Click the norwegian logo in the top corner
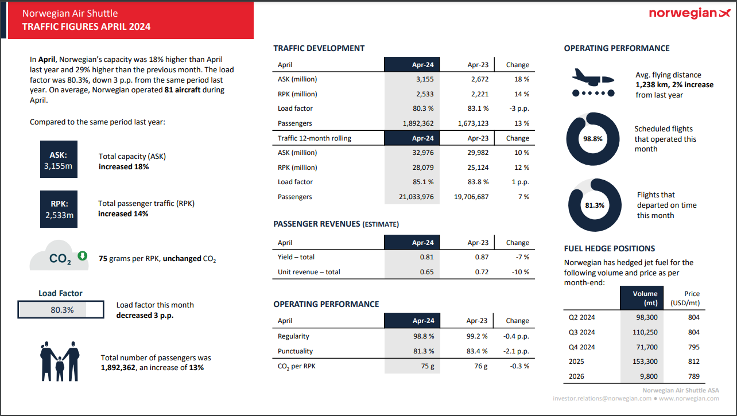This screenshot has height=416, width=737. pyautogui.click(x=689, y=14)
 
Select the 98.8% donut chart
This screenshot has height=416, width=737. pyautogui.click(x=593, y=139)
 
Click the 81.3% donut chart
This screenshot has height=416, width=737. pyautogui.click(x=595, y=205)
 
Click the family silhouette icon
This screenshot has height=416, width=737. pyautogui.click(x=59, y=361)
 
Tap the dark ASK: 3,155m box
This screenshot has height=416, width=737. pyautogui.click(x=59, y=161)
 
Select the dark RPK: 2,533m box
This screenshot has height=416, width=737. pyautogui.click(x=59, y=208)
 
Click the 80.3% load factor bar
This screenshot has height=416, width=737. pyautogui.click(x=61, y=310)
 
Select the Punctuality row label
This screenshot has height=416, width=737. pyautogui.click(x=295, y=351)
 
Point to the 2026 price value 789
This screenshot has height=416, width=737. pyautogui.click(x=693, y=376)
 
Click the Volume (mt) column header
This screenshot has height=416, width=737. pyautogui.click(x=645, y=298)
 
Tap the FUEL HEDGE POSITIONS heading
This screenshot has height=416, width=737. pyautogui.click(x=609, y=248)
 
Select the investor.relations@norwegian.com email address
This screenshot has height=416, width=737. pyautogui.click(x=602, y=398)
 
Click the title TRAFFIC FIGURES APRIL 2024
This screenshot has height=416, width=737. pyautogui.click(x=86, y=26)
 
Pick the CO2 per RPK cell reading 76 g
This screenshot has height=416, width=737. pyautogui.click(x=480, y=366)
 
